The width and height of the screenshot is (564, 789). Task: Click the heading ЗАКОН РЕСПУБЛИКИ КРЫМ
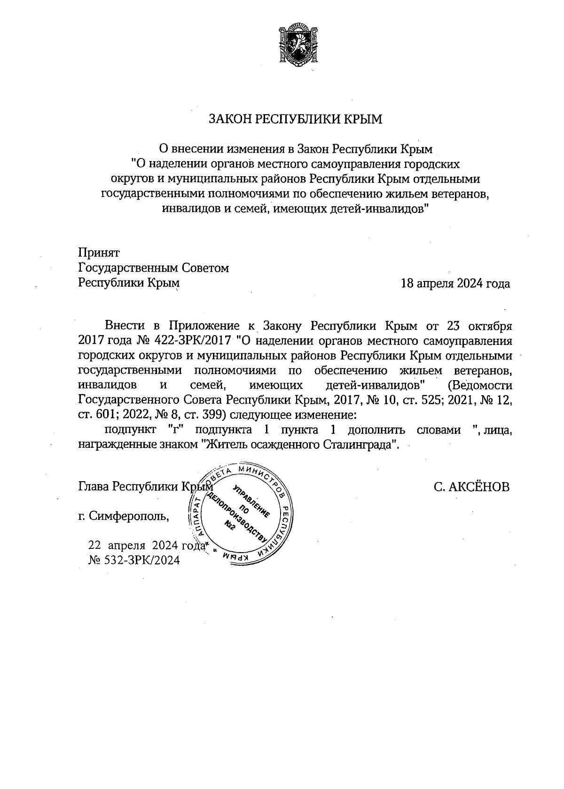[x=296, y=119]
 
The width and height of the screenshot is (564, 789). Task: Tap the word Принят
[x=99, y=252]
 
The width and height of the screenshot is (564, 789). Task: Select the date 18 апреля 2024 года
[x=455, y=283]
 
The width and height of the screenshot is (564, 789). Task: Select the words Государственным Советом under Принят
[x=154, y=268]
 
